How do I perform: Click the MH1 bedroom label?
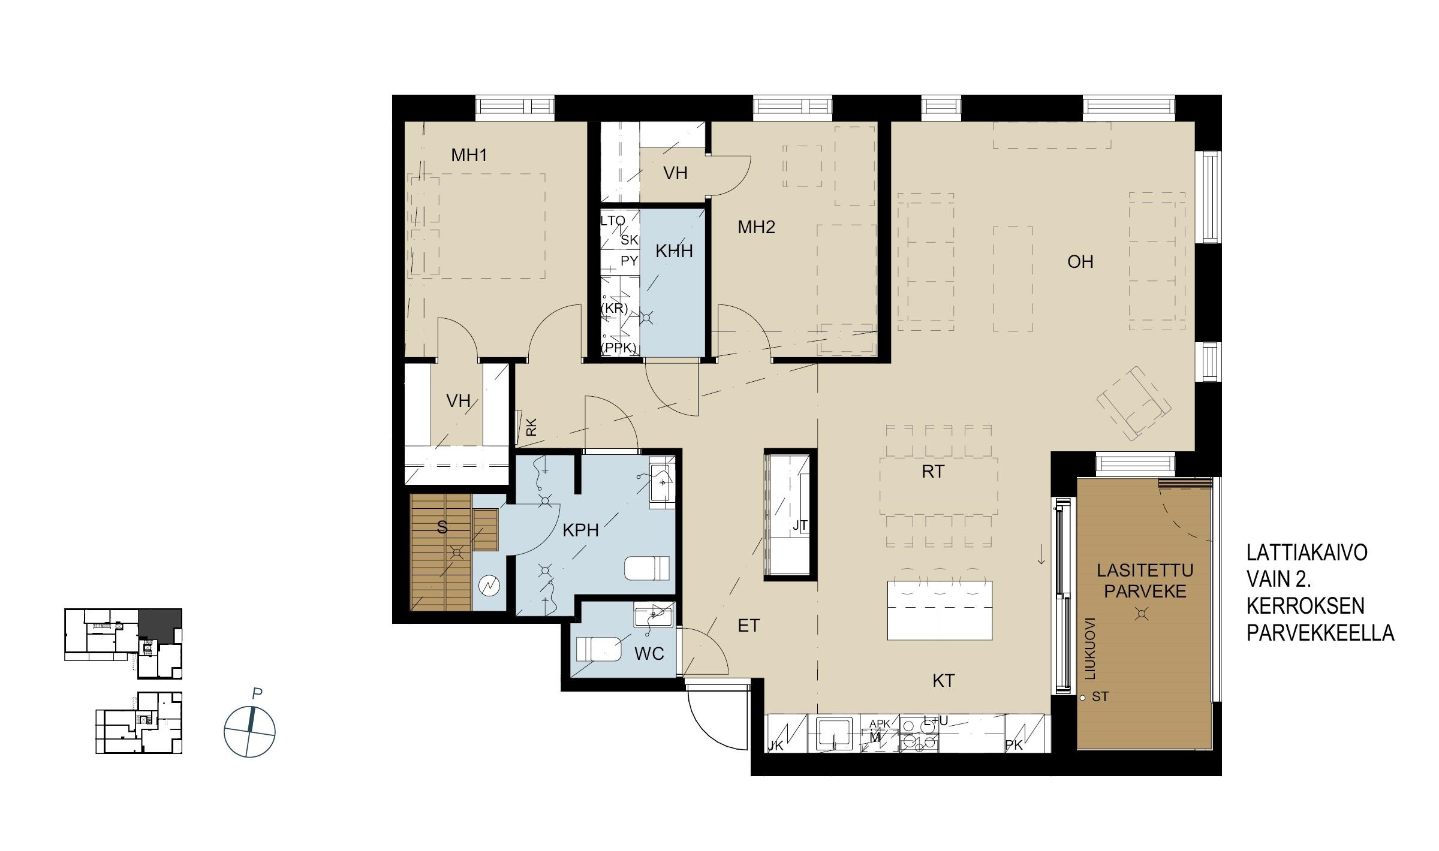(x=469, y=156)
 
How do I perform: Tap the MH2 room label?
(x=756, y=227)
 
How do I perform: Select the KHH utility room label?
(x=674, y=251)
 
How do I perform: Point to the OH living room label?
(x=1080, y=262)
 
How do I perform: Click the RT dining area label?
(x=933, y=472)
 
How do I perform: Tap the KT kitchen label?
(x=943, y=681)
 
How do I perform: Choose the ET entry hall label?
(x=748, y=626)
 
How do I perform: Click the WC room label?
(x=649, y=653)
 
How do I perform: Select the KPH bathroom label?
(x=580, y=530)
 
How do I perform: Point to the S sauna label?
(x=442, y=527)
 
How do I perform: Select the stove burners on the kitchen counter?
(x=919, y=735)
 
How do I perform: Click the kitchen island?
(x=940, y=610)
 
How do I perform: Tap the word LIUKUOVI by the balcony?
(x=1090, y=648)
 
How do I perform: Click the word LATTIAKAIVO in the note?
(x=1306, y=553)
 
